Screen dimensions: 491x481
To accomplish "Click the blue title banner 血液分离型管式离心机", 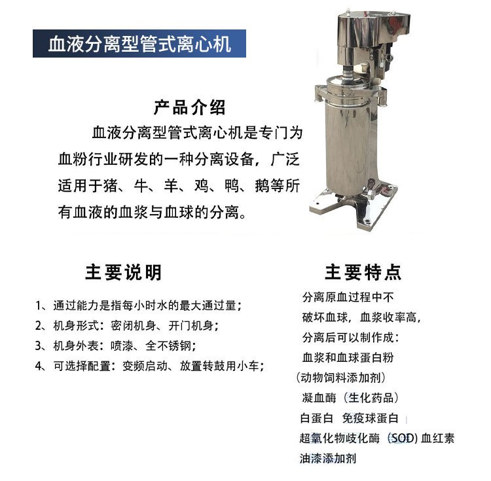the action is (x=139, y=43).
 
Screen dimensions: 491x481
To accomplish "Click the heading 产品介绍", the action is (x=189, y=107).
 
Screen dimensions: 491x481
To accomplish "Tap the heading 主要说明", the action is (x=123, y=272).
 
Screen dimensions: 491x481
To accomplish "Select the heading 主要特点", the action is (x=363, y=272).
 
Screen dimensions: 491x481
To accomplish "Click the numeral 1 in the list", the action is (x=39, y=306).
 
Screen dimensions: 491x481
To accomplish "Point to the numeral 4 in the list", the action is (x=39, y=366).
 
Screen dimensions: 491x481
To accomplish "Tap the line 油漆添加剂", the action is (x=328, y=458).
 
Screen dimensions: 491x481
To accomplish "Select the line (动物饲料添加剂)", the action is (x=340, y=378).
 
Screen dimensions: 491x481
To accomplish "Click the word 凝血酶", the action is (x=319, y=398).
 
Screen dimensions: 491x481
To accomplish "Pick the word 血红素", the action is (x=437, y=438).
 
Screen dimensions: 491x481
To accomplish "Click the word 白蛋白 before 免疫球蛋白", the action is (x=316, y=418).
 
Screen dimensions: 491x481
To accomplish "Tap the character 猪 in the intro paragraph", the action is (x=111, y=186).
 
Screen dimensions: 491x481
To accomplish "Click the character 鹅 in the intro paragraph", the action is (x=262, y=186).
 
